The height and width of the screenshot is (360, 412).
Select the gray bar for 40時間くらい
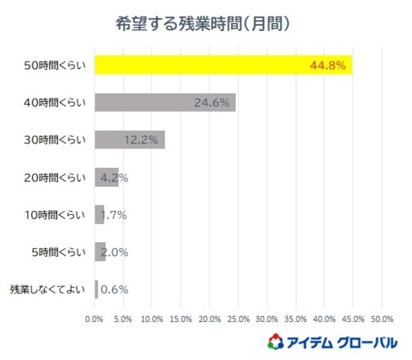[x=165, y=102]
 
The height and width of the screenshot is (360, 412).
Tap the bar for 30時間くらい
[x=129, y=139]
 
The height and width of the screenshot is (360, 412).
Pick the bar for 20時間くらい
[x=106, y=177]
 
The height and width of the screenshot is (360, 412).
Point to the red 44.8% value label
[x=328, y=65]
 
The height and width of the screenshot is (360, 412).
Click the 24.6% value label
[x=211, y=103]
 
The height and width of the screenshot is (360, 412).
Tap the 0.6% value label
[x=114, y=290]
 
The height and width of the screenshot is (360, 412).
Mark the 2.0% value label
[x=115, y=252]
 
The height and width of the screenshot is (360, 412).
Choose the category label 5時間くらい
[x=57, y=252]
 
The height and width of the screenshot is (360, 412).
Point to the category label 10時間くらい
[x=55, y=215]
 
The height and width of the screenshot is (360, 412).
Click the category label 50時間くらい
[x=55, y=65]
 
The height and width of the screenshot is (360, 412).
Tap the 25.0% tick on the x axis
[x=238, y=318]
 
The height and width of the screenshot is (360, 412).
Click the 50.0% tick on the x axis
[x=382, y=318]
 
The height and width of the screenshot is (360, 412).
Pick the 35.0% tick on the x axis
[x=295, y=318]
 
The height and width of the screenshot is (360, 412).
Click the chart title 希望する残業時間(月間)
[x=203, y=23]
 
